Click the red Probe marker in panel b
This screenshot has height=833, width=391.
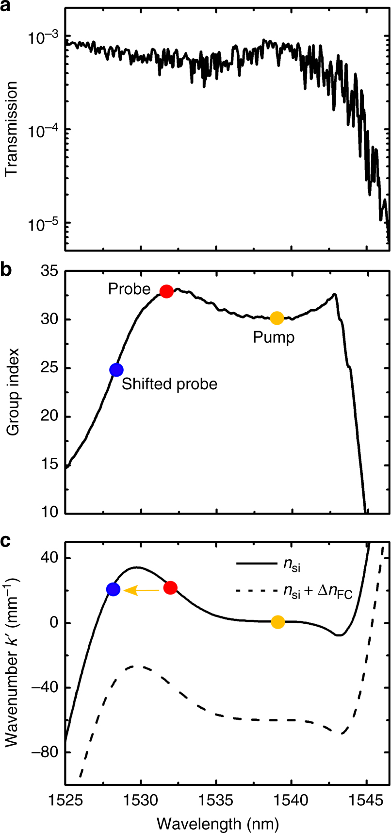click(x=166, y=291)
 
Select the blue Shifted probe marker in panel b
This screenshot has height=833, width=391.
click(x=116, y=369)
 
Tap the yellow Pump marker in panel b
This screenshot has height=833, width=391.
click(x=277, y=318)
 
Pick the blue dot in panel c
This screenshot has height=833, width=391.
click(x=113, y=589)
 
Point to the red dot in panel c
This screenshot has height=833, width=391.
click(x=170, y=588)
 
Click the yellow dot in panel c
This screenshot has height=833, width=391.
click(x=277, y=622)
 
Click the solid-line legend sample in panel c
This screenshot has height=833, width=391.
click(x=255, y=564)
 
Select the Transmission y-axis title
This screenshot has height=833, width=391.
click(x=12, y=129)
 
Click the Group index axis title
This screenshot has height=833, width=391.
click(x=14, y=391)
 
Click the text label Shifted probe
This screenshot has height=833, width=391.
click(x=169, y=384)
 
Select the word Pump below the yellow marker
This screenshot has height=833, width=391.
click(x=274, y=337)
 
